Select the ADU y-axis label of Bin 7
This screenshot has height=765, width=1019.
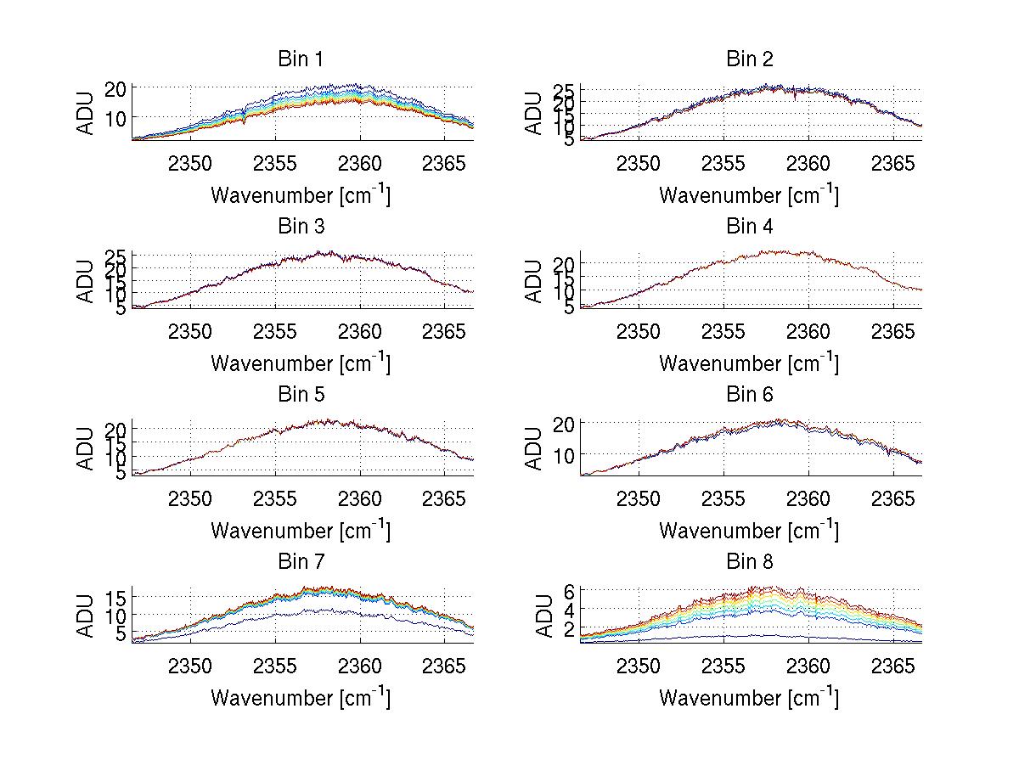(86, 616)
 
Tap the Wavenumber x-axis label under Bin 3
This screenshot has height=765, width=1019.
(300, 363)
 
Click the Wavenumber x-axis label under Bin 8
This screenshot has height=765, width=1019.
(748, 697)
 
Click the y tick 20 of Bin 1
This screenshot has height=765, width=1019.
(116, 88)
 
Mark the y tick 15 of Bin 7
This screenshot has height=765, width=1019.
(116, 598)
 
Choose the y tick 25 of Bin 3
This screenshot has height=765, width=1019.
(116, 256)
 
